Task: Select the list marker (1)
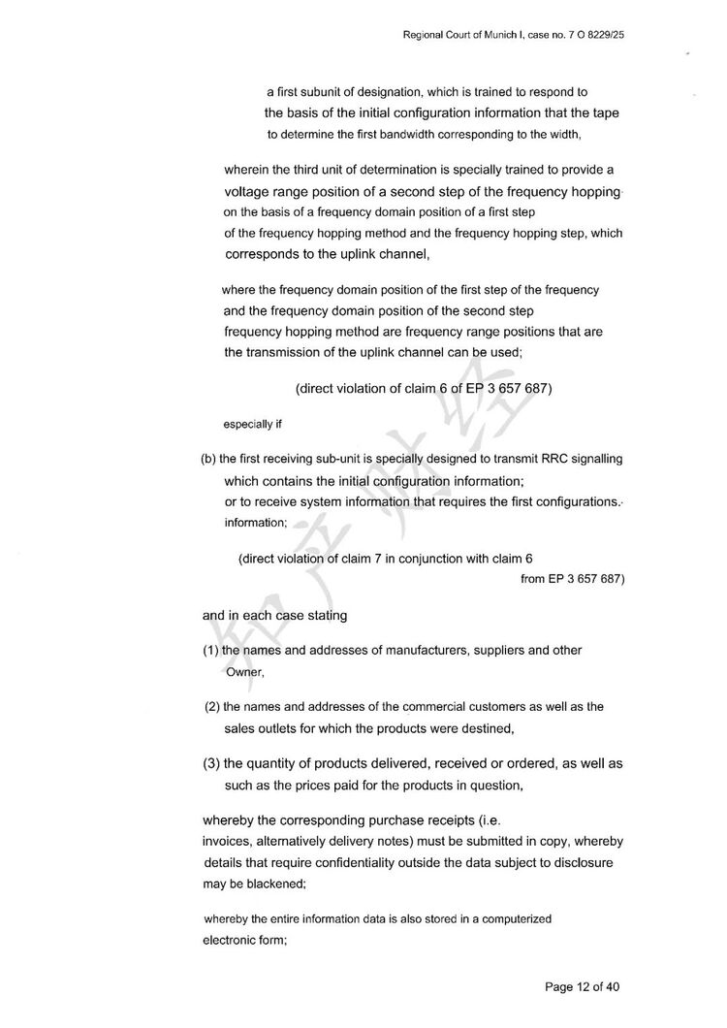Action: pyautogui.click(x=211, y=650)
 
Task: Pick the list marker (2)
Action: pyautogui.click(x=212, y=707)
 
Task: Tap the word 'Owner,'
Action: pyautogui.click(x=244, y=671)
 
